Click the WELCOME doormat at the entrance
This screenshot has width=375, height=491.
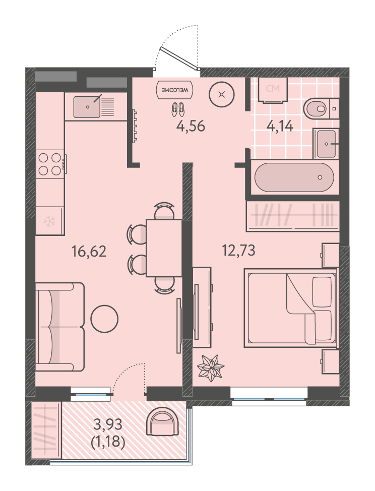pos(175,90)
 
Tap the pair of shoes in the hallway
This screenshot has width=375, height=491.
pos(178,109)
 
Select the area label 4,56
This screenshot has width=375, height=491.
pos(191,126)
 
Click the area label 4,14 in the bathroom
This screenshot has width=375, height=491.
pos(280,126)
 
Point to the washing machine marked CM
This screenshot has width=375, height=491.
pos(273,90)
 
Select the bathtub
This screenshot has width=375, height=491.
pos(294,177)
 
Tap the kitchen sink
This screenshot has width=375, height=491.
pos(94,107)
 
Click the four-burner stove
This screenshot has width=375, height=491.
pos(50,164)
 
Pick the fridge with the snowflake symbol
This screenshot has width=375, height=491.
pos(50,221)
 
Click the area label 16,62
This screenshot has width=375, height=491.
pos(89,251)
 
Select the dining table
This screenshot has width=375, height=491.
pos(164,248)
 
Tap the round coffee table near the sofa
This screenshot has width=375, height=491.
pos(104,319)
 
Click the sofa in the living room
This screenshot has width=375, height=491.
pos(60,327)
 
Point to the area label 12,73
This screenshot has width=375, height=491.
pos(238,251)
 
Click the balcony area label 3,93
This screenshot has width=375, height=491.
pos(108,424)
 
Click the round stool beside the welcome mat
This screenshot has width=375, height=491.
pos(222,94)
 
